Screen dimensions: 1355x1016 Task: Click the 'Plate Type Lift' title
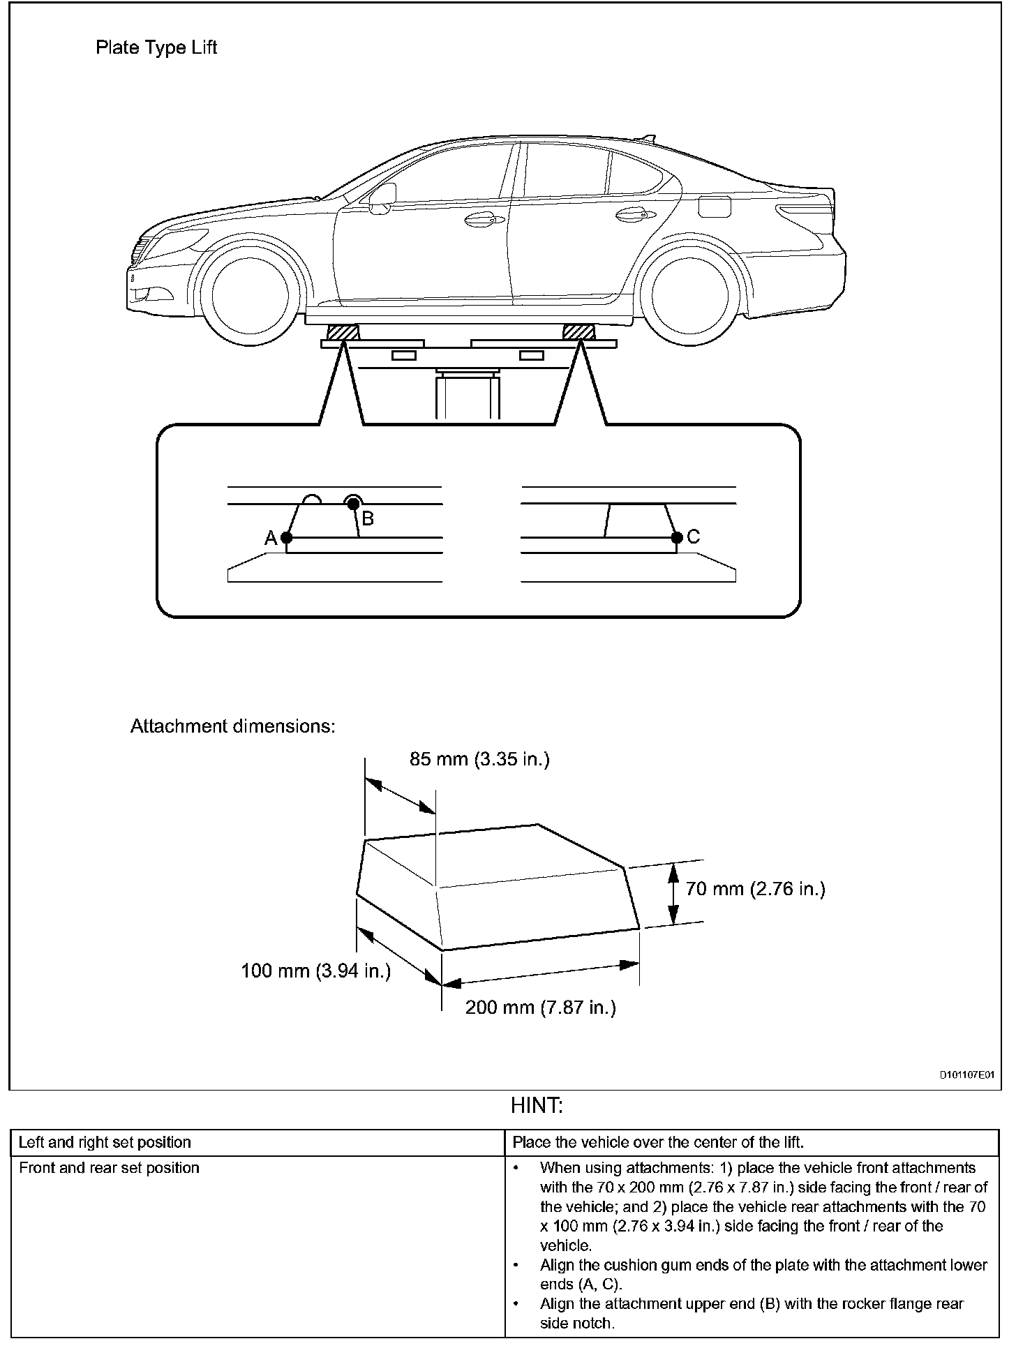point(156,47)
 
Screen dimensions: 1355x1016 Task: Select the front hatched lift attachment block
point(343,332)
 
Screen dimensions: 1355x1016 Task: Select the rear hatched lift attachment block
point(578,332)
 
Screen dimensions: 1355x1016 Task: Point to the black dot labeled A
point(286,538)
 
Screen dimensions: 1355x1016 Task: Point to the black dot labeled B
point(354,503)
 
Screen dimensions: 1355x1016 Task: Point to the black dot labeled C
point(676,537)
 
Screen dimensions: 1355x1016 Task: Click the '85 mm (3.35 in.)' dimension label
point(479,759)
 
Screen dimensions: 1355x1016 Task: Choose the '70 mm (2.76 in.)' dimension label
point(755,889)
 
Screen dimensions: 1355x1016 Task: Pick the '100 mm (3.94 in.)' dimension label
point(315,971)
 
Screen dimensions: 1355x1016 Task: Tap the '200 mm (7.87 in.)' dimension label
point(541,1008)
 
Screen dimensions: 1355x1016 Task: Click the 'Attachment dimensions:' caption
point(233,726)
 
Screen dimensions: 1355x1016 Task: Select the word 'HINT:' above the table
point(537,1106)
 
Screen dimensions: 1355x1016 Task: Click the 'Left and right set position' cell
point(105,1143)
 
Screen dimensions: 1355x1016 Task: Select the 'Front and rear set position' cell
point(110,1168)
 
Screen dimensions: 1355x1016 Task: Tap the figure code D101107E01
point(966,1075)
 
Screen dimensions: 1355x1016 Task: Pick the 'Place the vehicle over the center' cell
point(658,1143)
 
